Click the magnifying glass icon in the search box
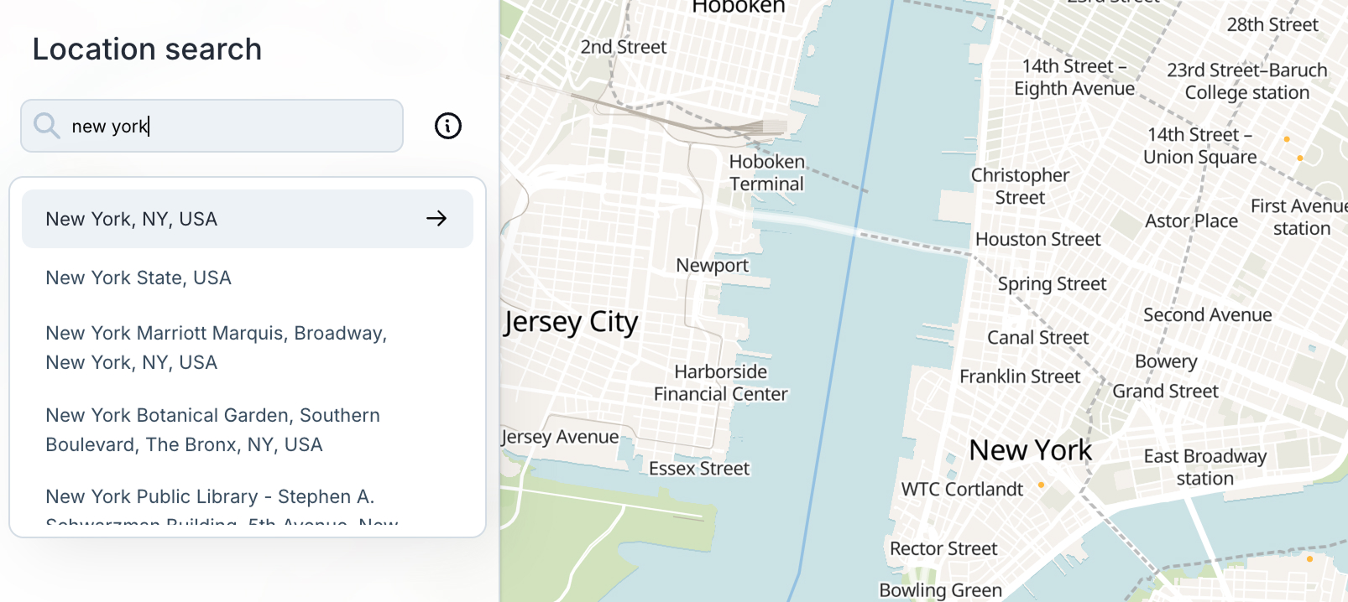[x=47, y=126]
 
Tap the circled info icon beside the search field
[x=448, y=126]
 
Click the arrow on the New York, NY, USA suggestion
[x=436, y=219]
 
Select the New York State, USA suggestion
[x=138, y=278]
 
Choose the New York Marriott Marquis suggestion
[x=216, y=347]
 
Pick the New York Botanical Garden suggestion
[x=212, y=429]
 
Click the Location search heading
[x=147, y=49]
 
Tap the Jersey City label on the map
[x=572, y=322]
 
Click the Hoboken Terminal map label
[x=766, y=173]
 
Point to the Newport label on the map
[x=712, y=266]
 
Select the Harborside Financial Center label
[x=720, y=382]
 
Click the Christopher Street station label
[x=1020, y=186]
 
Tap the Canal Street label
[x=1037, y=338]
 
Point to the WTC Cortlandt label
[x=962, y=490]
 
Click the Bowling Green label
[x=940, y=590]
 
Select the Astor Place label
[x=1191, y=221]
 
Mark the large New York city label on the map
[x=1030, y=450]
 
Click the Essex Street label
[x=699, y=469]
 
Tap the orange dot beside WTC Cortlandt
[x=1042, y=485]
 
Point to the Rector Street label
[x=943, y=549]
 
